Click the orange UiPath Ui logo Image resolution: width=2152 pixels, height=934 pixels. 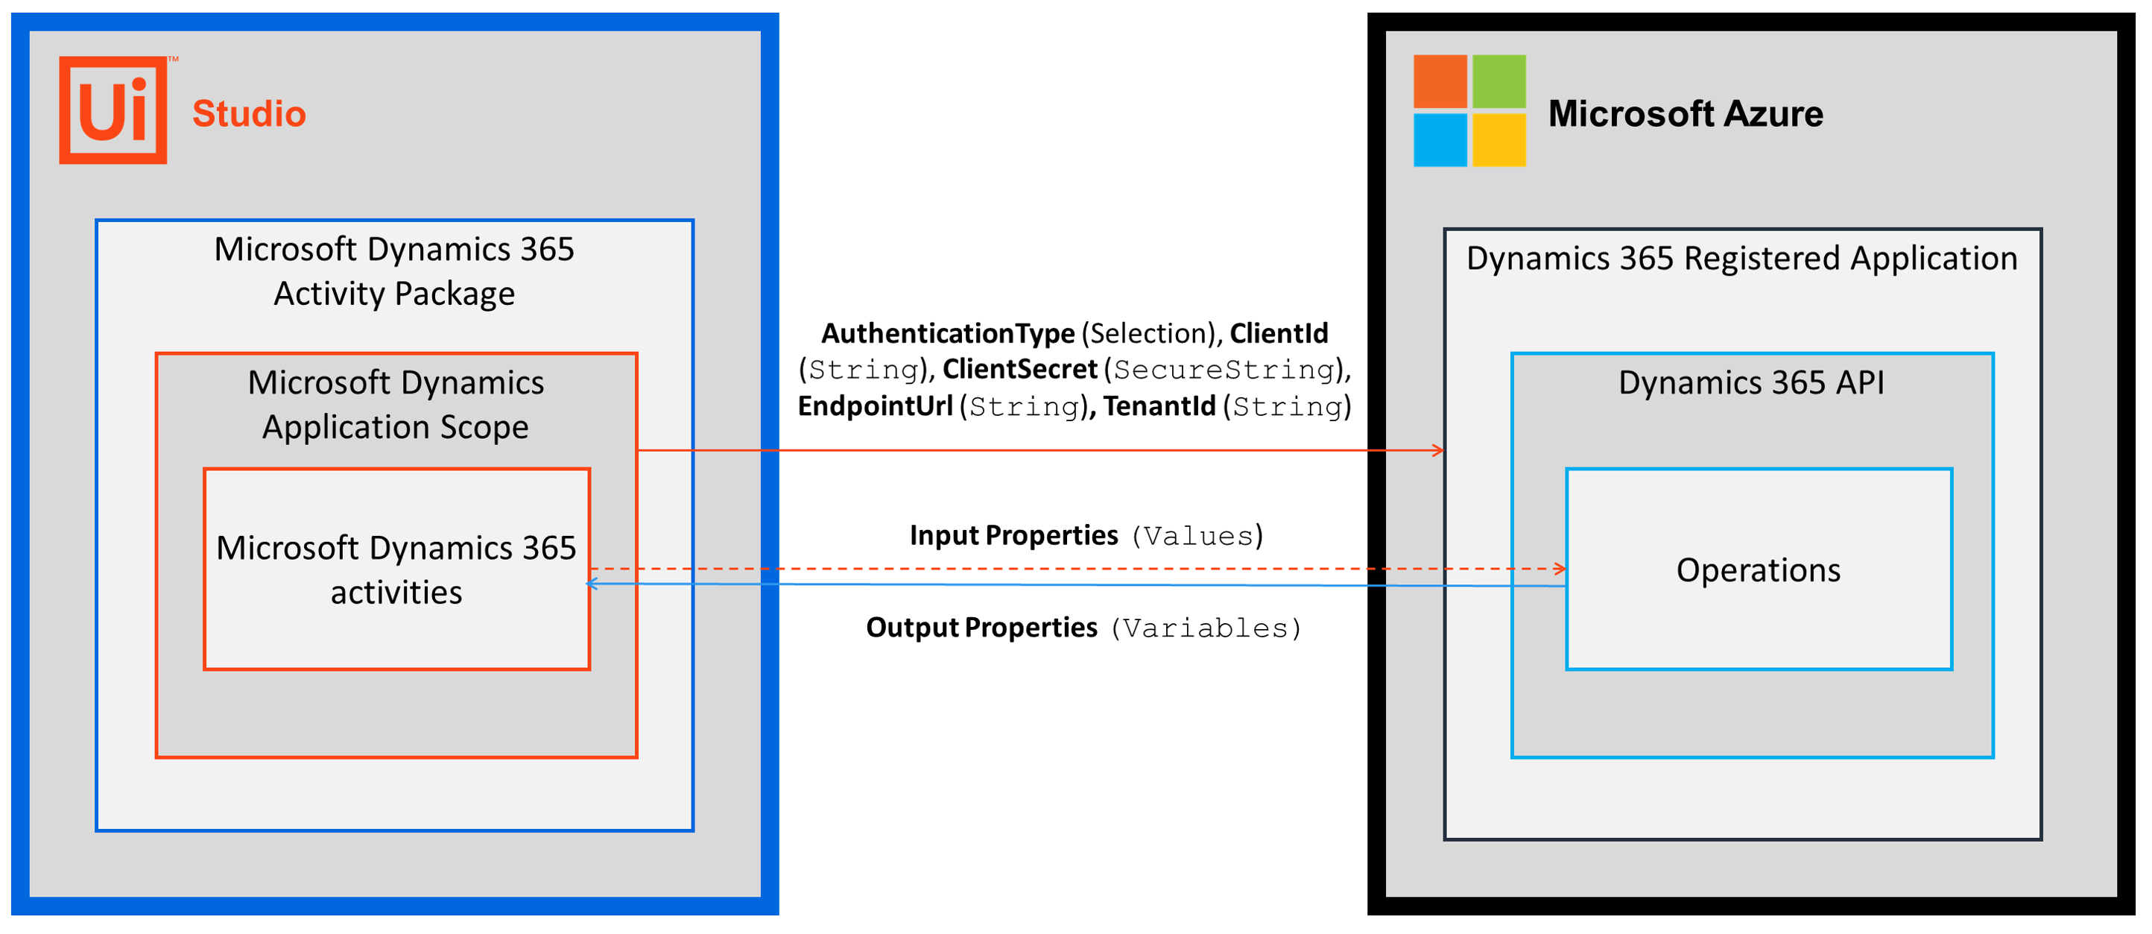point(113,110)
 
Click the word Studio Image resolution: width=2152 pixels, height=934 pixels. point(249,113)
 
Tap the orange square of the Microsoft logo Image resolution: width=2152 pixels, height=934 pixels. point(1440,81)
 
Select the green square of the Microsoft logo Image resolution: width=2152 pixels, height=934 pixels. point(1499,81)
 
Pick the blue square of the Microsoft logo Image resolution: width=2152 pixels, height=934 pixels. point(1440,139)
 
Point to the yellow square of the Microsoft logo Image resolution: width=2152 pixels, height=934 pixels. point(1499,139)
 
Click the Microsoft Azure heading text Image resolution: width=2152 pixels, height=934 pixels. point(1686,113)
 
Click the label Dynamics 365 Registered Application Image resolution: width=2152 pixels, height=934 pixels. point(1742,259)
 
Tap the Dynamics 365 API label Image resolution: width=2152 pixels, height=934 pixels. point(1751,382)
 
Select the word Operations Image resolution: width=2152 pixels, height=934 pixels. point(1759,570)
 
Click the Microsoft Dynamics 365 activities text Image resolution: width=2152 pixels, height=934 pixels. point(396,570)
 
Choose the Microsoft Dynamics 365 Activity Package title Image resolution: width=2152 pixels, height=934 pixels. point(394,271)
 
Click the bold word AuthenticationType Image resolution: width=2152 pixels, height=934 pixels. point(948,334)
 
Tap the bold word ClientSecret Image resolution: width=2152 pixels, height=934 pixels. point(1020,369)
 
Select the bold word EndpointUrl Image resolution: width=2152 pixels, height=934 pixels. point(876,406)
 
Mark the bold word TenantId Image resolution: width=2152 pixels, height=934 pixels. point(1159,406)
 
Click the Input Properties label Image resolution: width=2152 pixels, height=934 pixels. point(1013,535)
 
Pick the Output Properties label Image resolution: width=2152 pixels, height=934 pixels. point(981,628)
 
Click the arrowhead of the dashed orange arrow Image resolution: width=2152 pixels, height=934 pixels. point(1560,569)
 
